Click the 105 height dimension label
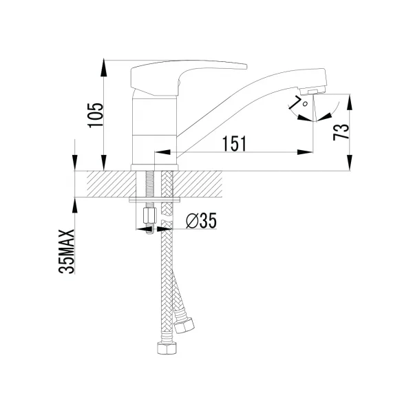pos(96,115)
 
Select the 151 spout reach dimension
pos(235,144)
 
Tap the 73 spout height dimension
pos(341,131)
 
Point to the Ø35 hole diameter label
pos(201,220)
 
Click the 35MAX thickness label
pos(66,251)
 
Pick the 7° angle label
pos(298,102)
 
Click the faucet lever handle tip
pos(246,66)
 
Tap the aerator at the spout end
pos(313,91)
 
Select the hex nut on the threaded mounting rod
pos(149,215)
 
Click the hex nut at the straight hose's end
pos(167,348)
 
